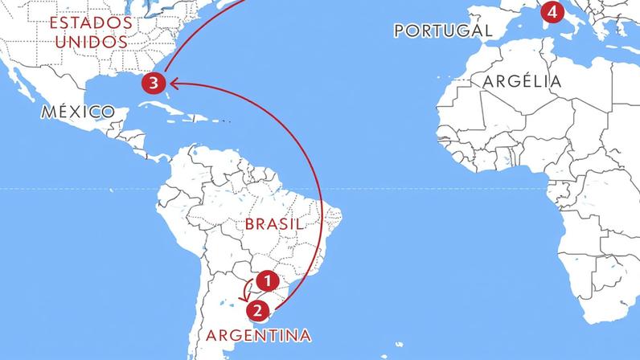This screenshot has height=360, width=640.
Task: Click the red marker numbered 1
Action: coord(267,280)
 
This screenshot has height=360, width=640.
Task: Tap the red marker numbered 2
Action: coord(256,308)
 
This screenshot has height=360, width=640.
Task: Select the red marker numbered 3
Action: coord(154,82)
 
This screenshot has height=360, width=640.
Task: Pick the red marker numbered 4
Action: coord(550,12)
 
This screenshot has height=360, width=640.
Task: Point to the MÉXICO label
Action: coord(77,112)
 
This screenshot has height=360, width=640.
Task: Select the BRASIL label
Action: coord(274,224)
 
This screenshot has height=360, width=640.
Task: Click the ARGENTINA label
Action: coord(258,334)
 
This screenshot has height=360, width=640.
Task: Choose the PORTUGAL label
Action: coord(443,31)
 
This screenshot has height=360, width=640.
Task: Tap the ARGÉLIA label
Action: coord(522,81)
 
